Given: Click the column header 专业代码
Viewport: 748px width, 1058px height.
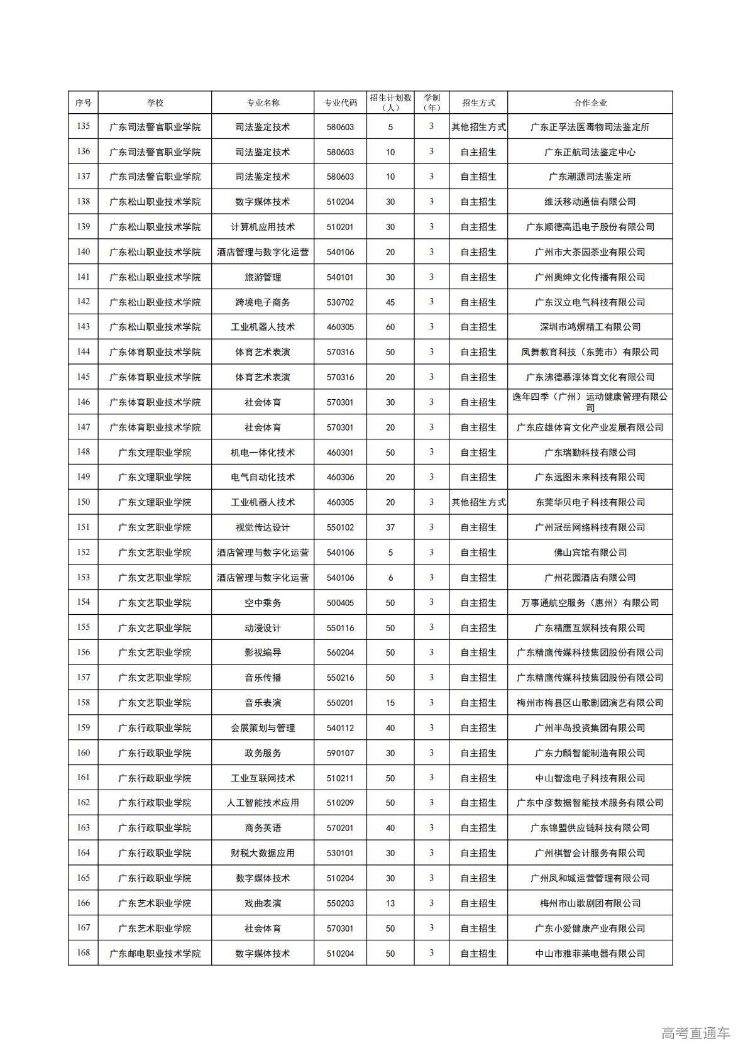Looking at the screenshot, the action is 340,102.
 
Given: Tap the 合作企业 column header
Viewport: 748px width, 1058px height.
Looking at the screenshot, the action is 590,102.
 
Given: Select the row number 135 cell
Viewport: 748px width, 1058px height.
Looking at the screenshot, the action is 83,126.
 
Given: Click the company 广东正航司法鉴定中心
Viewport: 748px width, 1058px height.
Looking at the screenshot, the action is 590,152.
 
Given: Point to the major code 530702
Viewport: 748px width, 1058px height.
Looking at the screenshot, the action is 340,302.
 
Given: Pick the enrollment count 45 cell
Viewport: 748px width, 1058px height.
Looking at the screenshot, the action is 390,302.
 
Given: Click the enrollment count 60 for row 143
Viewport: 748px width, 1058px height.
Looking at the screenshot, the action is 390,327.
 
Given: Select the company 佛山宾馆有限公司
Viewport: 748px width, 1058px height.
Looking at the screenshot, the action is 590,553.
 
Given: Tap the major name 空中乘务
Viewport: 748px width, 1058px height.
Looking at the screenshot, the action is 263,603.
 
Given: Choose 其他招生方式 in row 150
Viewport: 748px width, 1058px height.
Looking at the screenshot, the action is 478,502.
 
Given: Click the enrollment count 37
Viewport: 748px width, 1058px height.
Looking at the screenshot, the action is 390,527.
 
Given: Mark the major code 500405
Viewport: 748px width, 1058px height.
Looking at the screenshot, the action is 340,603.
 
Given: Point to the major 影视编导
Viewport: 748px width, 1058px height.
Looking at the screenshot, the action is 263,653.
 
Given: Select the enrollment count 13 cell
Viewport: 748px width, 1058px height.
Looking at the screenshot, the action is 390,903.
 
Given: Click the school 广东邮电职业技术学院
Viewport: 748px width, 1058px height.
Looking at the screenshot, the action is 155,954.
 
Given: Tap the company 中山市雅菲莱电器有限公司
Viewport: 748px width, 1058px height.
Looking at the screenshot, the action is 590,954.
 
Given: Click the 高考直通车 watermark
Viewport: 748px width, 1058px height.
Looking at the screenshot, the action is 695,1033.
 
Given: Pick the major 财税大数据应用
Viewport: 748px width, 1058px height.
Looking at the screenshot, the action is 263,853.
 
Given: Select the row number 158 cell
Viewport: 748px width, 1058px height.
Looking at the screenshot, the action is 83,703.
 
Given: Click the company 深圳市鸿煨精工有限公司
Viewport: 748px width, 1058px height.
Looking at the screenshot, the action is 590,327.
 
